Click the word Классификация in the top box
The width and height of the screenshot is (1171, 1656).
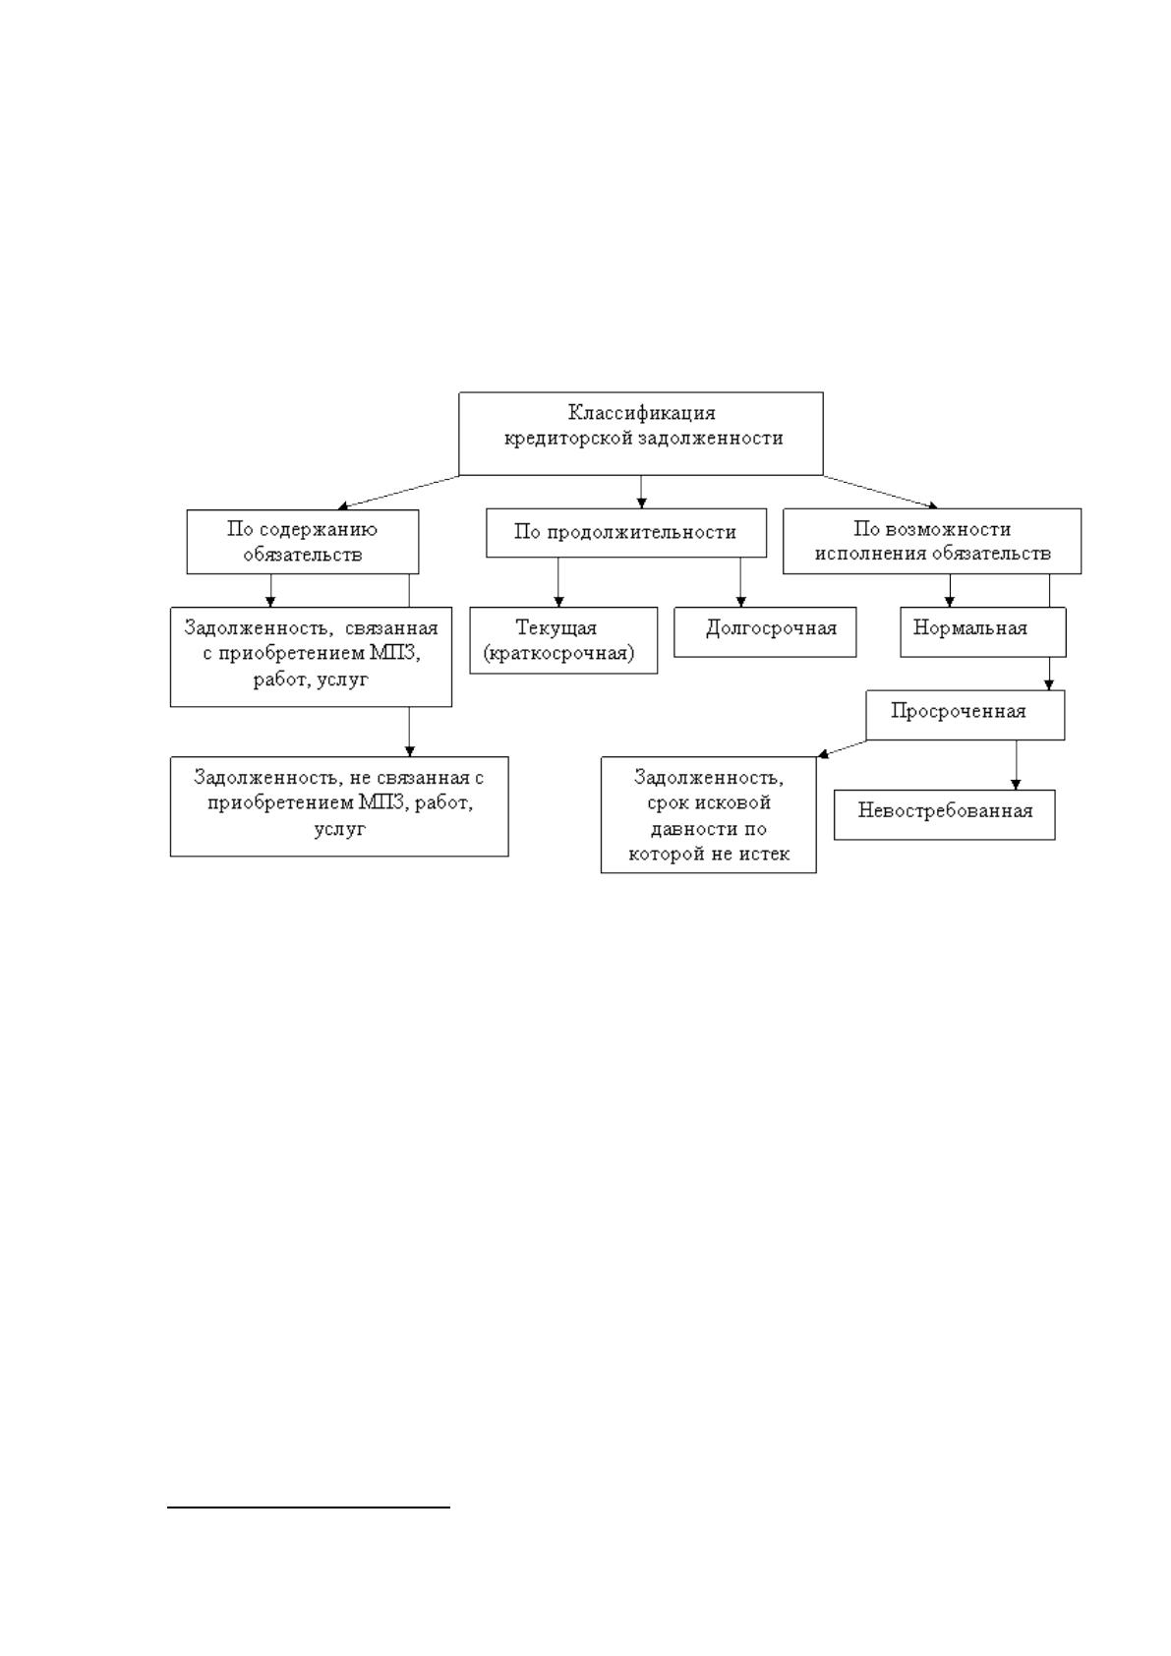coord(641,412)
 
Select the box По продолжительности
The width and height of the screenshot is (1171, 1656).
coord(626,532)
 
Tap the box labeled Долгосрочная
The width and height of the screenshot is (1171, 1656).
coord(764,632)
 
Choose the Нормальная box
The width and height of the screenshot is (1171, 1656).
coord(982,632)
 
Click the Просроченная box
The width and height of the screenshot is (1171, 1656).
coord(965,715)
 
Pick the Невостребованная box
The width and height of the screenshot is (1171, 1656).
coord(944,814)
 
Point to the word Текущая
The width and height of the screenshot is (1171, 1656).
coord(556,627)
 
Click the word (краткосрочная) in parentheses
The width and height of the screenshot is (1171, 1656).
coord(558,654)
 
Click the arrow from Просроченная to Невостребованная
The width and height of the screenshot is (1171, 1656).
coord(1016,764)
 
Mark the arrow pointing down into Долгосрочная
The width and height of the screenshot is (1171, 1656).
coord(740,582)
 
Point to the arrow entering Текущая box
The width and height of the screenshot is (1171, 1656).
coord(558,582)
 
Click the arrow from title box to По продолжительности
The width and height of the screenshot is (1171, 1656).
coord(641,492)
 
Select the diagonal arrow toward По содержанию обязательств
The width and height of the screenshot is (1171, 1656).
coord(398,493)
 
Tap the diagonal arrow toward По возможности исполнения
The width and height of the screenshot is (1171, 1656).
coord(881,492)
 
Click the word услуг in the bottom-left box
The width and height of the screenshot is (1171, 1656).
coord(339,830)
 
